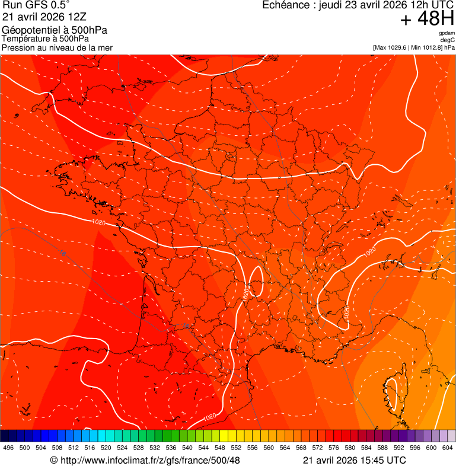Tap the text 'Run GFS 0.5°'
point(36,6)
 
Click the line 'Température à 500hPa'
point(48,39)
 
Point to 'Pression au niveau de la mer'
point(57,47)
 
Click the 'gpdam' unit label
point(447,33)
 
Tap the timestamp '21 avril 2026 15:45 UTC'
point(355,460)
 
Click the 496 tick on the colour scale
point(8,448)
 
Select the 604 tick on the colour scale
point(448,448)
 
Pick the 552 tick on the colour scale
point(236,448)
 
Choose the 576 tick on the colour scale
point(334,448)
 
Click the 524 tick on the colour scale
point(122,448)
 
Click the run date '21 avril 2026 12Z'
point(44,17)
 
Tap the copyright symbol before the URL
point(53,460)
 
